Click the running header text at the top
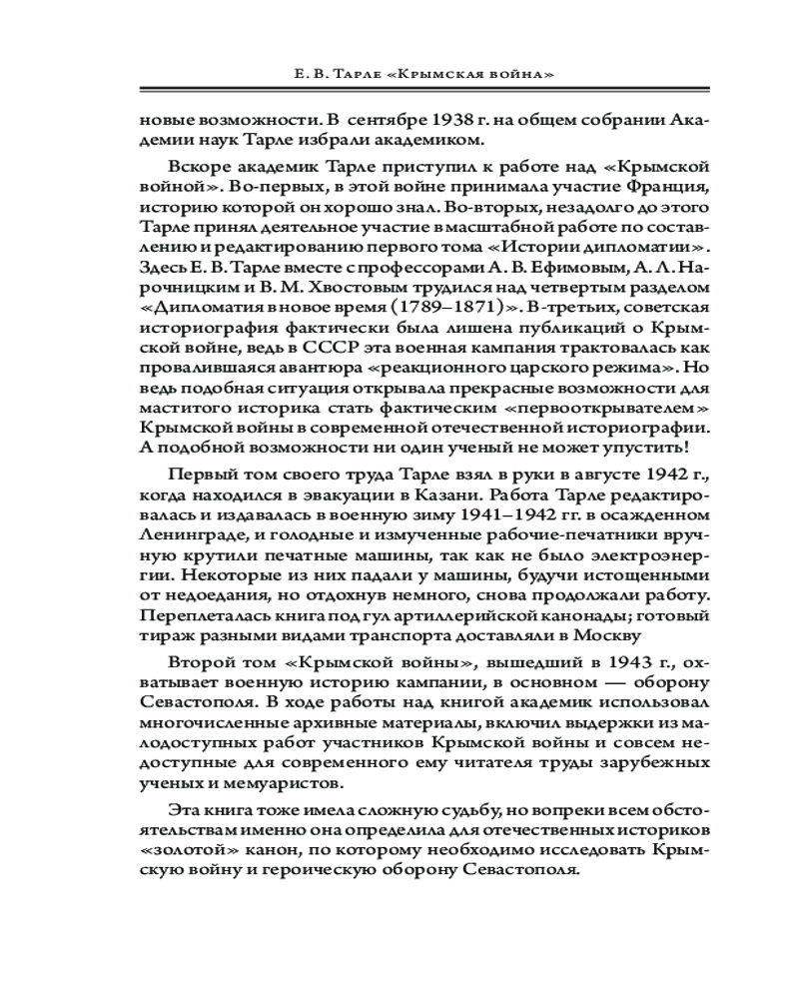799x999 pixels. (x=399, y=75)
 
